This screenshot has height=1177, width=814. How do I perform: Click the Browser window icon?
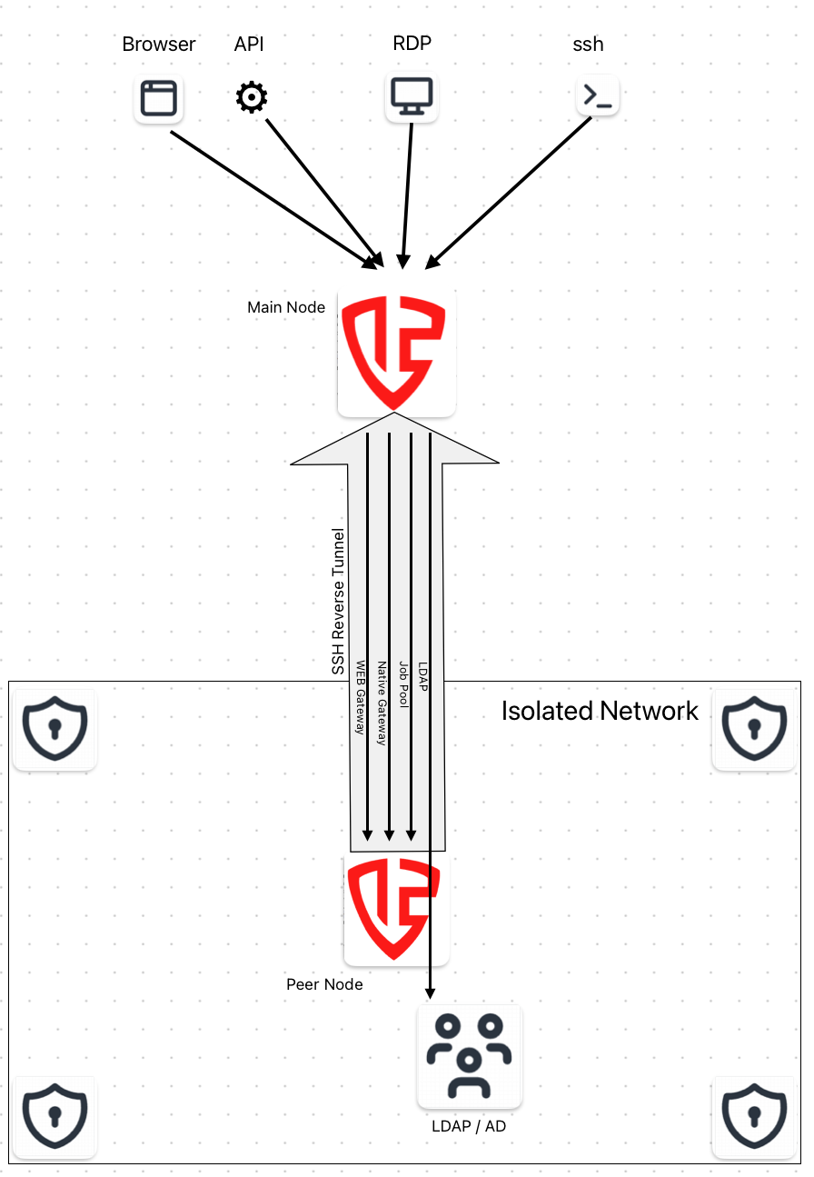click(159, 98)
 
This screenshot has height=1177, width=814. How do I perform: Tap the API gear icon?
click(252, 97)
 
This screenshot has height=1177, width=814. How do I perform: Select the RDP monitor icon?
click(412, 95)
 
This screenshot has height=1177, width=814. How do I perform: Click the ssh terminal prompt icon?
click(598, 96)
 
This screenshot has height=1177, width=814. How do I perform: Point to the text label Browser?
click(159, 45)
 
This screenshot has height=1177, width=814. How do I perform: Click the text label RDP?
click(412, 44)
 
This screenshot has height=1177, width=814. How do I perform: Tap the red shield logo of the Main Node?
click(396, 353)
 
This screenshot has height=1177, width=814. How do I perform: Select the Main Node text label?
click(286, 307)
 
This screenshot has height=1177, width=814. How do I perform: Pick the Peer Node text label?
click(324, 984)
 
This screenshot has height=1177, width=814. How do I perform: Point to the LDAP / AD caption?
click(470, 1127)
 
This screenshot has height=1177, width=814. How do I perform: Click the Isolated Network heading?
click(600, 711)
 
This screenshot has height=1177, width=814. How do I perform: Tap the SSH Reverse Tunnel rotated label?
click(339, 601)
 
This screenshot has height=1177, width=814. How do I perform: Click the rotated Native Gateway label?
click(382, 703)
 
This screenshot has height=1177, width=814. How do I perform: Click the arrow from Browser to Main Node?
click(273, 199)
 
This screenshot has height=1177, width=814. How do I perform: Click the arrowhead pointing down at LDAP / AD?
click(430, 992)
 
